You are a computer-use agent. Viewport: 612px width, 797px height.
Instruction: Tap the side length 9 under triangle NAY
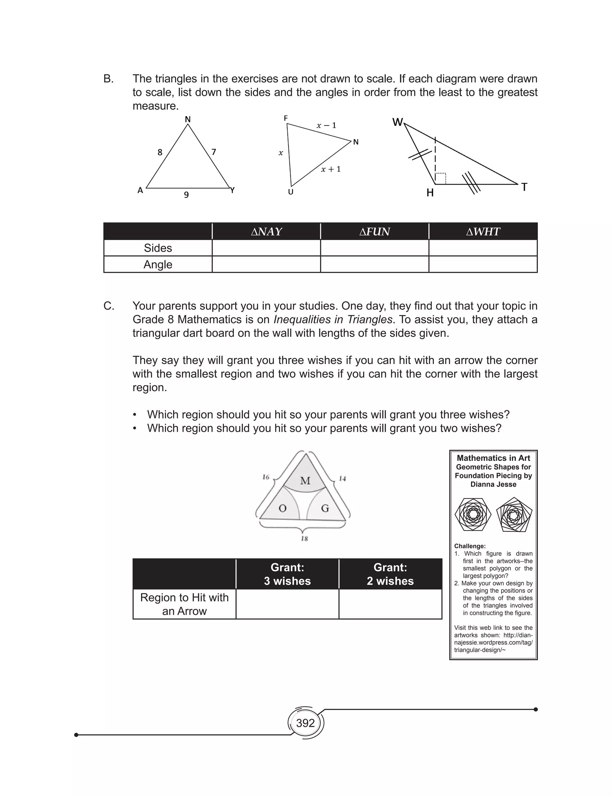(x=186, y=195)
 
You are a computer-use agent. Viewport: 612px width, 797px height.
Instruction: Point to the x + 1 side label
(x=331, y=169)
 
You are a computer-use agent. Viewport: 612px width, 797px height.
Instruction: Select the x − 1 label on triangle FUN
(x=326, y=125)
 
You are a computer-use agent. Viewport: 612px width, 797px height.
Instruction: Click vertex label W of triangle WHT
(x=397, y=122)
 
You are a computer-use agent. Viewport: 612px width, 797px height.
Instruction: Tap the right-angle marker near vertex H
(x=441, y=178)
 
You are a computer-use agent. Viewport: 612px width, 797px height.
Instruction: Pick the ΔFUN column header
(x=374, y=232)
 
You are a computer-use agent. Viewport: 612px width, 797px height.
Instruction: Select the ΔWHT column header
(x=483, y=232)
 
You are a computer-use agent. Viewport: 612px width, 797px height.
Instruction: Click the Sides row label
(x=158, y=248)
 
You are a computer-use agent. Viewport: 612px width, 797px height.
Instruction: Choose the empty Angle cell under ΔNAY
(x=266, y=265)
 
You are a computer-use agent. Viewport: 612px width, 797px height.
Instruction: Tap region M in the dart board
(x=305, y=481)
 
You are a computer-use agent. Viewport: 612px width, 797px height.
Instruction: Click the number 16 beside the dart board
(x=266, y=477)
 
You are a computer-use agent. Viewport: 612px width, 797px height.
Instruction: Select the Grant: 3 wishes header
(x=287, y=574)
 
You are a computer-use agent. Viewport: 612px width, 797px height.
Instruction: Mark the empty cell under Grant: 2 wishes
(x=390, y=604)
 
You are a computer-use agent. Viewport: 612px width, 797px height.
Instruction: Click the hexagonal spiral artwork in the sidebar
(x=473, y=515)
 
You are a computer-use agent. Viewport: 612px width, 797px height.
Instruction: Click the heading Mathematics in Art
(x=493, y=458)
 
